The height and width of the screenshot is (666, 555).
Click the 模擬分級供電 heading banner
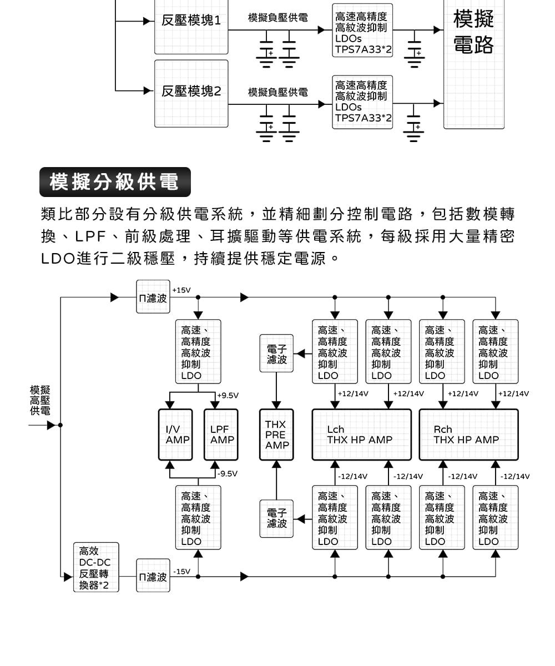(115, 182)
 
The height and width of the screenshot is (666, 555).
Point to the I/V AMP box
(175, 435)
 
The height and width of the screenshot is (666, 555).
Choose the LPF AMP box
(221, 435)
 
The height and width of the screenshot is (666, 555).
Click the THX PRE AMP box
(276, 435)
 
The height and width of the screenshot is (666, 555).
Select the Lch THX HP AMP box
(361, 435)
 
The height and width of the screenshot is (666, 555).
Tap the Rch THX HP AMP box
(468, 435)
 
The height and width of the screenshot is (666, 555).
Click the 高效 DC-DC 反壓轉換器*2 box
(96, 567)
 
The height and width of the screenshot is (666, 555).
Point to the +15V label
(181, 290)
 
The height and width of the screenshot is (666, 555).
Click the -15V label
(181, 572)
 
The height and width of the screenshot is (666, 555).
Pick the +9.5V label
(228, 395)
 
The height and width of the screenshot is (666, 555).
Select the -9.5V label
(228, 474)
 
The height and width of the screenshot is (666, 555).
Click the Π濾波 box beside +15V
(153, 297)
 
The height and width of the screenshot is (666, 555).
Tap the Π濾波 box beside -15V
(153, 576)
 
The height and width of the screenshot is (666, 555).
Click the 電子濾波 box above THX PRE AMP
(276, 354)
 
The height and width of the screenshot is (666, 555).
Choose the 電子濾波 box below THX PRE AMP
(276, 518)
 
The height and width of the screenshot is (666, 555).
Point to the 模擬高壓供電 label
(40, 400)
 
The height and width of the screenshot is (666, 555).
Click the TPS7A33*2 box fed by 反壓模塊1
(362, 31)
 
